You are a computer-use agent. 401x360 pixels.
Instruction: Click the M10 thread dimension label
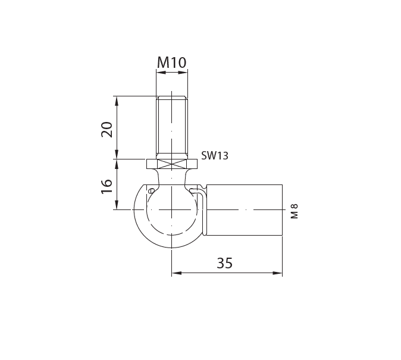172,62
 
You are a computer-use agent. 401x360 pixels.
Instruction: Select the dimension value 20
107,129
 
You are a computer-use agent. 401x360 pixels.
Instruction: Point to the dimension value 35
224,263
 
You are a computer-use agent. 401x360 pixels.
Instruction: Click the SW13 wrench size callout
215,156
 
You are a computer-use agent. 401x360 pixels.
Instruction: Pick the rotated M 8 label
294,211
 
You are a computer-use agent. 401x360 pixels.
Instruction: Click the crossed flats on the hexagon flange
172,164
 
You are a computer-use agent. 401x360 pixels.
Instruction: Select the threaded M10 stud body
172,128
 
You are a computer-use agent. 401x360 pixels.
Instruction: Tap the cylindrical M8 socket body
244,209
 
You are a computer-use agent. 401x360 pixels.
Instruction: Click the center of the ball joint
171,209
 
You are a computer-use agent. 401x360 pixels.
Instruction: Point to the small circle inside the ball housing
151,190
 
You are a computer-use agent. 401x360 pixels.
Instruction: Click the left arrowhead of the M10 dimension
159,73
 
